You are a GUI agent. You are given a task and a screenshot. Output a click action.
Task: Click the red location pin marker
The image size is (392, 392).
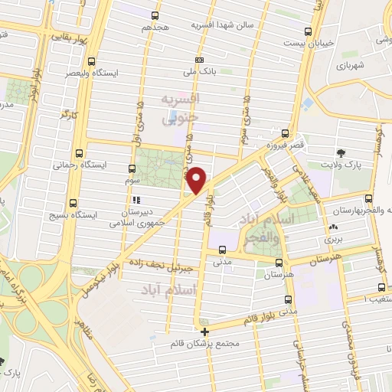[x=198, y=179]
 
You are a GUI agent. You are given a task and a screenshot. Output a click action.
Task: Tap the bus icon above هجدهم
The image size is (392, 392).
[x=155, y=15]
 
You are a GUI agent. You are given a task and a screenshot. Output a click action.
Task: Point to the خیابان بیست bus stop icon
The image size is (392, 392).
[x=308, y=31]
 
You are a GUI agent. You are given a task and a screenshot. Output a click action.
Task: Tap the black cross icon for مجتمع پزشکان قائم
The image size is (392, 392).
[x=204, y=332]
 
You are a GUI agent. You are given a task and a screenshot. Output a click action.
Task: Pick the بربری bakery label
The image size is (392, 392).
[x=334, y=239]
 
